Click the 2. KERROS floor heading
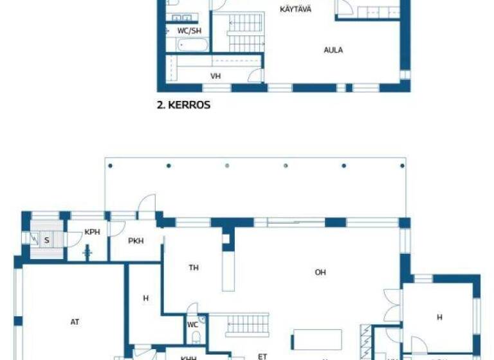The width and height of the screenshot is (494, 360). click(x=184, y=105)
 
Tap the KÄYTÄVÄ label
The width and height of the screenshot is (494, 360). click(x=296, y=9)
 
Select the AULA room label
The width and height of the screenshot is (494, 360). click(x=333, y=50)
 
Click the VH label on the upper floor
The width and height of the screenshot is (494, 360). click(x=215, y=76)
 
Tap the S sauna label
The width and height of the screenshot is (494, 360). click(x=47, y=240)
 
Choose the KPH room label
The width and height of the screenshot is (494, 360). click(x=92, y=232)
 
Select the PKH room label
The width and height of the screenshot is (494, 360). click(x=136, y=241)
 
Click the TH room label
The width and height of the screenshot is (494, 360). click(x=194, y=267)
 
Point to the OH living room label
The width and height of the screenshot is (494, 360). click(x=320, y=273)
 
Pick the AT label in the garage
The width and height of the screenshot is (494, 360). click(x=75, y=322)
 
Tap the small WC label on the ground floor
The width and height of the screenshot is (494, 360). click(x=192, y=325)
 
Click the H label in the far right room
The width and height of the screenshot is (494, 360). click(x=440, y=317)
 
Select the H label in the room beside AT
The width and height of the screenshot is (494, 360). click(x=146, y=298)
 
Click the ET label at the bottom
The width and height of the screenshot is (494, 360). click(x=262, y=355)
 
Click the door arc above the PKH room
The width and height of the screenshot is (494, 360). click(x=148, y=203)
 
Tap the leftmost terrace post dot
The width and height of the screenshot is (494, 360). click(x=111, y=166)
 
